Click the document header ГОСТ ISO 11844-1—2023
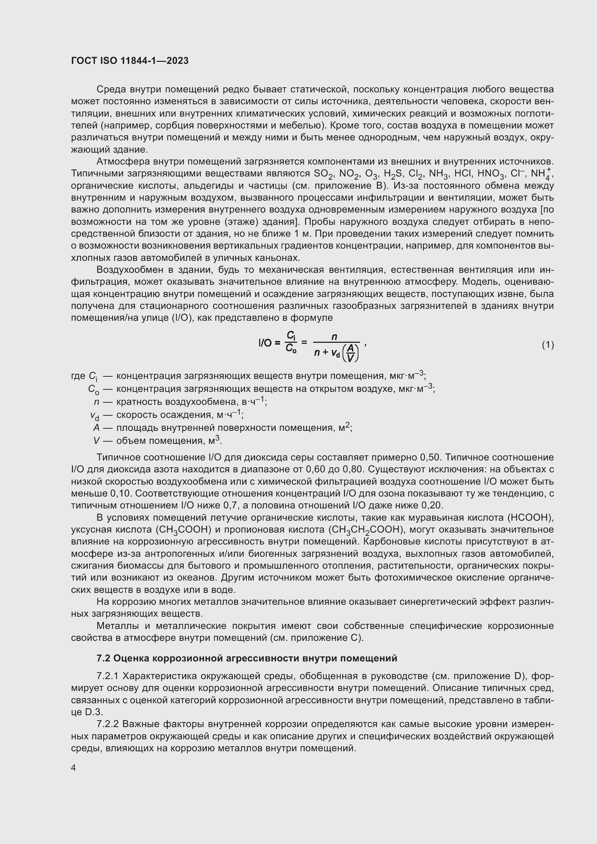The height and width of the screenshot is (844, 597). (x=130, y=61)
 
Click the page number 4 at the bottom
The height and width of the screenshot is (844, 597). (x=74, y=768)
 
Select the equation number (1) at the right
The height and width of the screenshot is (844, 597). (x=548, y=345)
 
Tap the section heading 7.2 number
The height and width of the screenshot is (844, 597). (x=103, y=658)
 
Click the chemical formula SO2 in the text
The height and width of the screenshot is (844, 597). (x=323, y=174)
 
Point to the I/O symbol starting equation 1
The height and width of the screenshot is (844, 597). (x=265, y=343)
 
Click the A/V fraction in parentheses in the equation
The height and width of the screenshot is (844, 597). (x=350, y=353)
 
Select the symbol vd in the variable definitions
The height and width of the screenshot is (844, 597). (x=95, y=415)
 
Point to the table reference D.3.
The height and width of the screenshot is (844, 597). (x=93, y=712)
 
